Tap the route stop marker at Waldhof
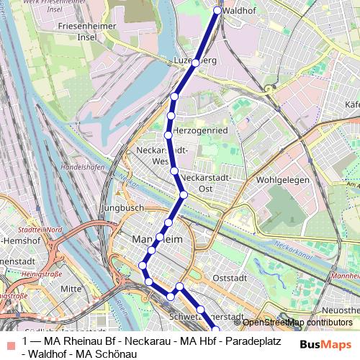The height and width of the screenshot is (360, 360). click(x=218, y=11)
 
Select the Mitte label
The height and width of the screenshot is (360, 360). click(x=71, y=288)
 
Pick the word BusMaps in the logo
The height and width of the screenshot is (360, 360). click(x=325, y=344)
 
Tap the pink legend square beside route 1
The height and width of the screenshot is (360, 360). click(x=10, y=341)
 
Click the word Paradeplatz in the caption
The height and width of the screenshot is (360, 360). click(x=246, y=341)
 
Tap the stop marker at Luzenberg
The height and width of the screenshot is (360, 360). click(x=195, y=63)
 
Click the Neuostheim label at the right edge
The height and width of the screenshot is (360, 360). click(x=342, y=310)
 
